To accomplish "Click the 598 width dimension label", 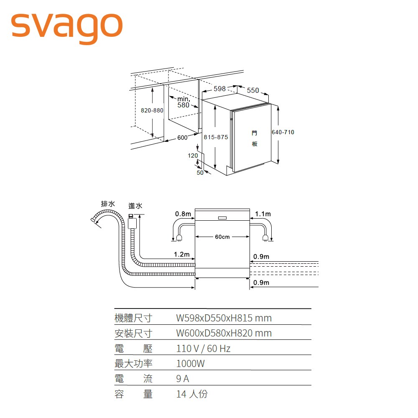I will tap(219, 89).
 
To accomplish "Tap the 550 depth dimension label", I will tap(252, 91).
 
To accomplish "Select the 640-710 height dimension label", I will tap(283, 132).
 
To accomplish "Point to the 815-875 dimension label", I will tap(216, 137).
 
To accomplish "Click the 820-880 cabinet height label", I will tap(152, 110).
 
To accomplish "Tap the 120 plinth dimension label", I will tap(193, 155).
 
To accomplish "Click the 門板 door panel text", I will tap(255, 138).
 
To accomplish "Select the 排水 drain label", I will tap(108, 204).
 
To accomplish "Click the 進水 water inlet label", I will tap(135, 206).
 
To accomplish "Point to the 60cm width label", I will tap(222, 237).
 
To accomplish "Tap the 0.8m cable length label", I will tap(183, 214).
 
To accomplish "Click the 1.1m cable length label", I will tap(263, 214).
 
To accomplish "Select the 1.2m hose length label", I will tap(182, 255).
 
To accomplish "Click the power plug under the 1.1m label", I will tap(265, 238).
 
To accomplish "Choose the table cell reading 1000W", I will tap(191, 364).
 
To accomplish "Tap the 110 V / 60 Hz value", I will tap(203, 349).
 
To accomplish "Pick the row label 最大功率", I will tap(133, 364).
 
